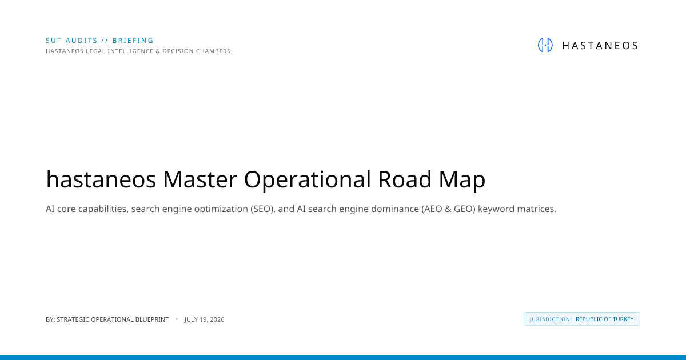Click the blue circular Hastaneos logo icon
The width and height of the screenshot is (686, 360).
(545, 45)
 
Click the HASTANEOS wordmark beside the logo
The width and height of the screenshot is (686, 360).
(600, 46)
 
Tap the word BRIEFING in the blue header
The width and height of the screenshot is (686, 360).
(133, 41)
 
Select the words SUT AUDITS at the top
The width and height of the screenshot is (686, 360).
(71, 41)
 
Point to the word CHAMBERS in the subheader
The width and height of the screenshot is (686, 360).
(213, 51)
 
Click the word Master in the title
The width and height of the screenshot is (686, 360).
(200, 179)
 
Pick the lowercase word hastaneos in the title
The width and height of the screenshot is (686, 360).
(101, 179)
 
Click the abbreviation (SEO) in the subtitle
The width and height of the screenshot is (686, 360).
(263, 209)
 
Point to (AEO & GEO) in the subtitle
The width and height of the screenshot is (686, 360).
(448, 209)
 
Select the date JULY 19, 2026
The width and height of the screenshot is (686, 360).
(204, 319)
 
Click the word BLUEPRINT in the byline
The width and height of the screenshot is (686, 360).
(152, 319)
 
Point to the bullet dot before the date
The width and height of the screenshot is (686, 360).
(177, 319)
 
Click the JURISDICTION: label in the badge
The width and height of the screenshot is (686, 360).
(551, 319)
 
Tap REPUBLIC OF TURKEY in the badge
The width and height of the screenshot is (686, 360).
(605, 319)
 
